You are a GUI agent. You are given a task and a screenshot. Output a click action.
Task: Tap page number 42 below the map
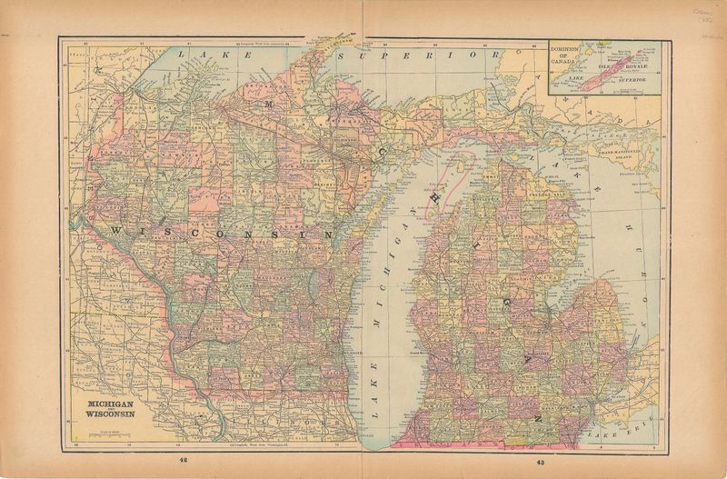(x=184, y=463)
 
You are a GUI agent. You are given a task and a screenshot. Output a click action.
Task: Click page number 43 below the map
(x=540, y=463)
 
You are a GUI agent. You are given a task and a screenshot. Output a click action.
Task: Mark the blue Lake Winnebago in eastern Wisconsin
(x=313, y=290)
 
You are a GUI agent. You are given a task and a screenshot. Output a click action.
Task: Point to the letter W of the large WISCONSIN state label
(x=115, y=233)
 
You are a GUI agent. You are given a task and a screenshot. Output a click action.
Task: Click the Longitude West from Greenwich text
(x=264, y=42)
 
